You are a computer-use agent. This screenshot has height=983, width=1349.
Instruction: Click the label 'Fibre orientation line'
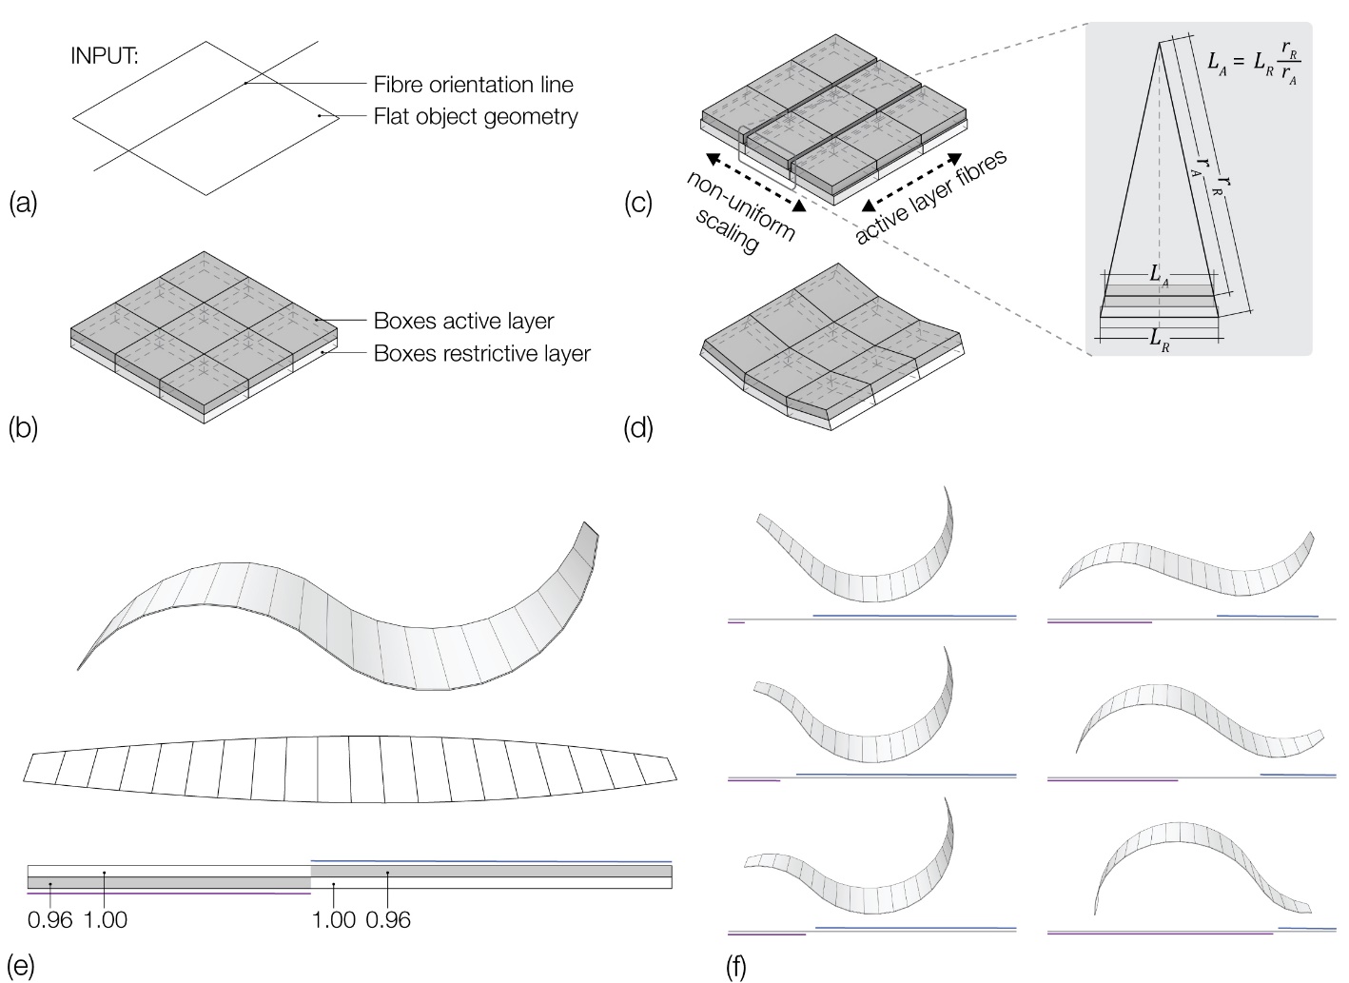(x=473, y=85)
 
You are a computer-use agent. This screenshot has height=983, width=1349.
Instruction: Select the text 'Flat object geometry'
(x=476, y=117)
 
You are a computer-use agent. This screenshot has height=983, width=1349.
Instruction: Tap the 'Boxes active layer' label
(x=463, y=321)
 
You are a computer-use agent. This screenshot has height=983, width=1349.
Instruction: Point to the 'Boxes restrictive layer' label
(x=481, y=354)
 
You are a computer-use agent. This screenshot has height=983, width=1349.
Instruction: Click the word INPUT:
(x=105, y=55)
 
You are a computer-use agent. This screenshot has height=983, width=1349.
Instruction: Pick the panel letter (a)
(x=23, y=203)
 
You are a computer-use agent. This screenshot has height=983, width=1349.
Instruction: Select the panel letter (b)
(x=23, y=427)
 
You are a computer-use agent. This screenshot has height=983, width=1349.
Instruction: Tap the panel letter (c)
(x=638, y=203)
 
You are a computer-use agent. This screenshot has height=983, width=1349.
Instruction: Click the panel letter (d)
(x=638, y=428)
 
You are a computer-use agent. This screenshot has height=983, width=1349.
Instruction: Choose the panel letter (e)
(x=21, y=966)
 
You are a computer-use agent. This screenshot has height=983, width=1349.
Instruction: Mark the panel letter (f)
(x=735, y=967)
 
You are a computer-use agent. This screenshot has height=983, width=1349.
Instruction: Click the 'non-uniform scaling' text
(x=739, y=212)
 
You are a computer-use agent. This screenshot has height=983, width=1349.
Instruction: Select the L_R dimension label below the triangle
(x=1159, y=339)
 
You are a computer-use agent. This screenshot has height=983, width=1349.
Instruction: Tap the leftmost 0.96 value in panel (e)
(x=50, y=920)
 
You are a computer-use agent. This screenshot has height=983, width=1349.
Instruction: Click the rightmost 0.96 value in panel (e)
(x=388, y=920)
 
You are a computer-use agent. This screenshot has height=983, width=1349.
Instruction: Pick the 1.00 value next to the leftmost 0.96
(x=106, y=920)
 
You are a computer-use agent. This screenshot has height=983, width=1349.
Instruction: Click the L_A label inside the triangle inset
(x=1159, y=275)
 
